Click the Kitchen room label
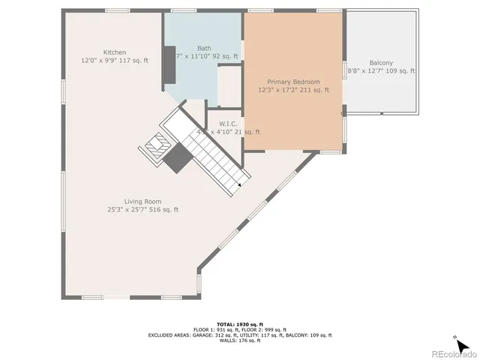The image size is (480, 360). click(115, 52)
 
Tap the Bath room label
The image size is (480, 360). click(204, 48)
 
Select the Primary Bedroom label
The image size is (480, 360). click(293, 82)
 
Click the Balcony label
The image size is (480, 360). click(381, 63)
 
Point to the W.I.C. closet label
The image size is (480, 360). click(229, 123)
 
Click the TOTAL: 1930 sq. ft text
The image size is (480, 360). click(239, 323)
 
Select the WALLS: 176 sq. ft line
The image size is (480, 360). click(239, 340)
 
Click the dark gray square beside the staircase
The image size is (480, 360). click(178, 158)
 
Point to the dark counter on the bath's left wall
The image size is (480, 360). click(170, 70)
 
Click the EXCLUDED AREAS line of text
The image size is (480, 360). click(239, 335)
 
